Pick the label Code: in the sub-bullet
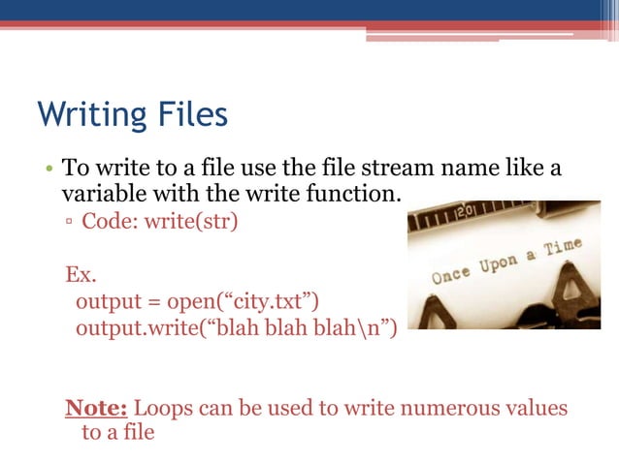pos(110,221)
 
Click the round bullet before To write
pos(48,169)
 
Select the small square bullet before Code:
pos(71,222)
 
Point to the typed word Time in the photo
pos(564,248)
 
